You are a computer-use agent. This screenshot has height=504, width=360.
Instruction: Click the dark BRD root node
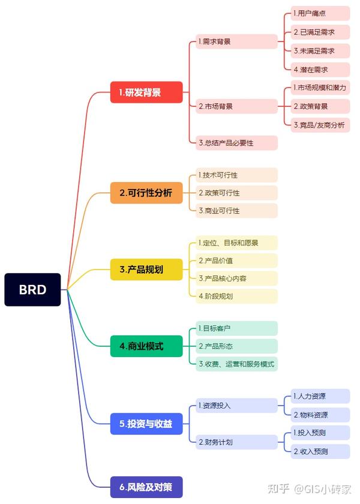click(x=32, y=290)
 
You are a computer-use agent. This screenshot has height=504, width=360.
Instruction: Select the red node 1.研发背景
click(x=146, y=92)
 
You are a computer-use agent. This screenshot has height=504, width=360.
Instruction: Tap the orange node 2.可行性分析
click(x=146, y=193)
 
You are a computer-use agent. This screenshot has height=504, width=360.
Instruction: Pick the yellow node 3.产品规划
click(x=146, y=269)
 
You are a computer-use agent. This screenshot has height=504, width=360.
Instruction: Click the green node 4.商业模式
click(x=146, y=346)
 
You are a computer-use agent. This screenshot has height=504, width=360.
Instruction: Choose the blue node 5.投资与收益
click(x=146, y=424)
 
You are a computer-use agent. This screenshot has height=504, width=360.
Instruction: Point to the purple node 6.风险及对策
click(x=146, y=487)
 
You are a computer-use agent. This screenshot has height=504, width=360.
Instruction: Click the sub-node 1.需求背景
click(x=236, y=42)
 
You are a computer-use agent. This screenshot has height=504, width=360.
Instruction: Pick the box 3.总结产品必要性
click(x=236, y=143)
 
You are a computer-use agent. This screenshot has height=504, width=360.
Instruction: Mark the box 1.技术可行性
click(x=236, y=175)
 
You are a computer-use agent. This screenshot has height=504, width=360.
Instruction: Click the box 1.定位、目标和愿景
click(x=236, y=243)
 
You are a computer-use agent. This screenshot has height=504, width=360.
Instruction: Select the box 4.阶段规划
click(x=236, y=296)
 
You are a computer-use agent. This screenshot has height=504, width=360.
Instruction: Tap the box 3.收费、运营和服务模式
click(x=236, y=364)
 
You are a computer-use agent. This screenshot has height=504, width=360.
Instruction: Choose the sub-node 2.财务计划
click(x=236, y=442)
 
